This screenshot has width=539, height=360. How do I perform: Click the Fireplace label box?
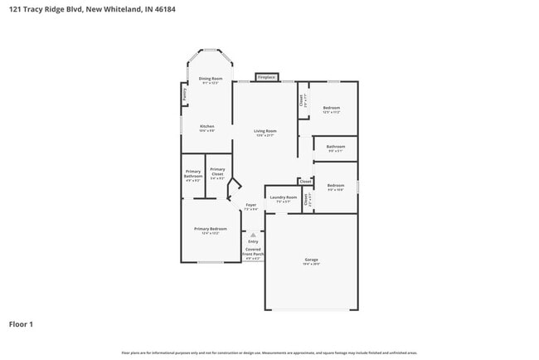266,77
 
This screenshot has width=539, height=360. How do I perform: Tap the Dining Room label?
211,79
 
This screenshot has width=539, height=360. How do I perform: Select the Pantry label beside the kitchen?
184,95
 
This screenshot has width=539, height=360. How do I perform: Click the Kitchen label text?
206,127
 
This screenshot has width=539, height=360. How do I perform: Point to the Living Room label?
265,131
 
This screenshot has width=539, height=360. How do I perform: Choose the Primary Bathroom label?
193,174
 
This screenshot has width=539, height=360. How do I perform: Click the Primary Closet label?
217,173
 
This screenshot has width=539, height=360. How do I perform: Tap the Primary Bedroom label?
210,229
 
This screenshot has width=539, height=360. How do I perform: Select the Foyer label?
250,204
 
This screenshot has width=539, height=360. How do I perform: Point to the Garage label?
311,260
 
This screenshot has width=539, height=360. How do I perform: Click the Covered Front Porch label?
253,252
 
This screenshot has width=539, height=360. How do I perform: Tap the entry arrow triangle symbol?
253,235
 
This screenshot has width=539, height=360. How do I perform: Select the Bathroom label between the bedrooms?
335,147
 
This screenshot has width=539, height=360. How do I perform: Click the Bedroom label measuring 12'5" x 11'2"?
332,108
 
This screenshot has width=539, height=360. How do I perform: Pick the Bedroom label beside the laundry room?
335,185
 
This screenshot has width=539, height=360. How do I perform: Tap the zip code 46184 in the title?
163,8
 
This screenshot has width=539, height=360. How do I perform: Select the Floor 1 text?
21,324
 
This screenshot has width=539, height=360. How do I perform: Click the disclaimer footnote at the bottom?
269,352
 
